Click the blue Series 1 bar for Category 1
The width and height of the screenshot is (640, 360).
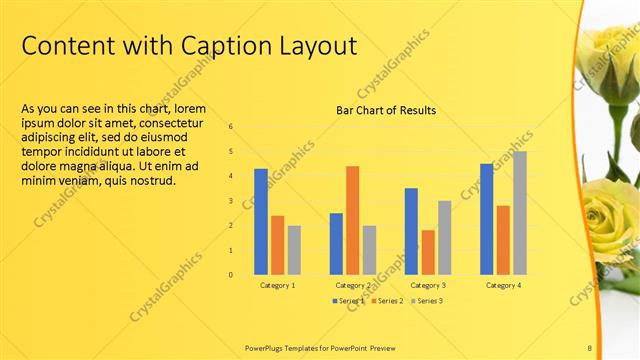(261, 221)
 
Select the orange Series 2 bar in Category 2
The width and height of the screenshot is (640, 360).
(352, 220)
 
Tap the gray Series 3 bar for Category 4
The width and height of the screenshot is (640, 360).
(519, 213)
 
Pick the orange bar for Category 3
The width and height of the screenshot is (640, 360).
(428, 252)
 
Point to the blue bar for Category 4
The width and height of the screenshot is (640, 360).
(487, 219)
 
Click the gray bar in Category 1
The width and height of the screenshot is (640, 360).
(294, 250)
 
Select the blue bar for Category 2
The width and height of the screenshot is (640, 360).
(336, 244)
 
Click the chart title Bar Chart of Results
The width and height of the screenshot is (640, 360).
(386, 110)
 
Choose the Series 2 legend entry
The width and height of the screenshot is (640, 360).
(387, 300)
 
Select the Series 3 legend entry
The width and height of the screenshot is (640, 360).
(427, 300)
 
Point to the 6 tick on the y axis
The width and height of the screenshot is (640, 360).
(231, 127)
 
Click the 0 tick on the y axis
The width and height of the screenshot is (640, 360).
(231, 275)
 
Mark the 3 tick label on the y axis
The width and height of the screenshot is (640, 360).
(231, 201)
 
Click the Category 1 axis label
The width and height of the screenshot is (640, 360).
(277, 286)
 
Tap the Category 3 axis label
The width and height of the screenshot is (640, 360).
(428, 286)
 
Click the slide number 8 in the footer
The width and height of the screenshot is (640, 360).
(589, 348)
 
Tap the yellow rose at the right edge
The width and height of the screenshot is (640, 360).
(611, 215)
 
